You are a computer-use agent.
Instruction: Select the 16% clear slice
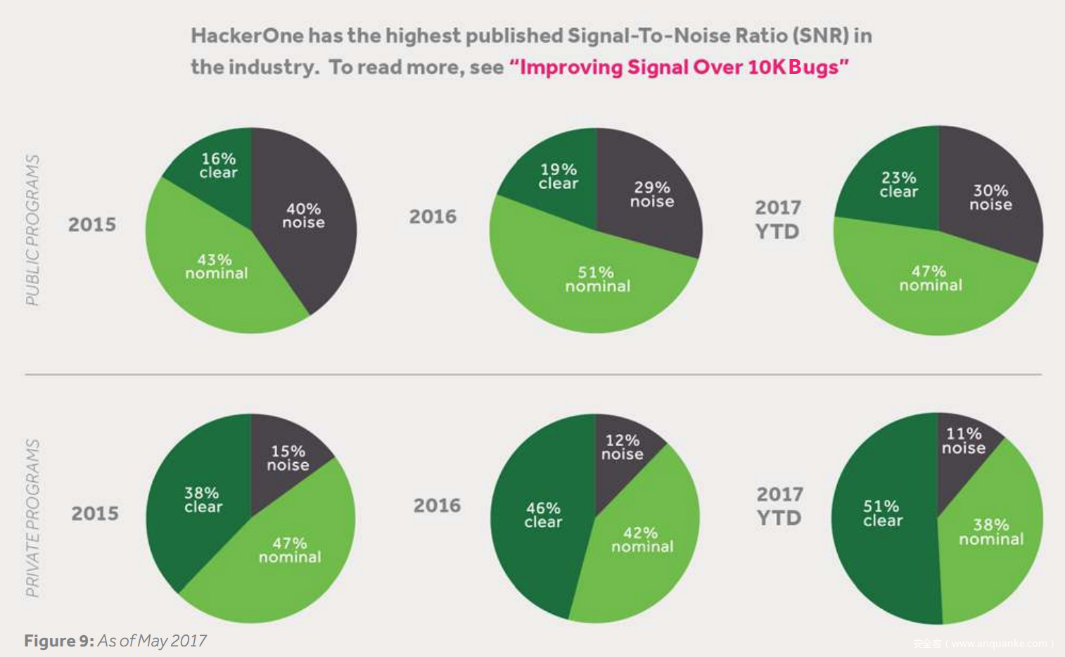click(218, 165)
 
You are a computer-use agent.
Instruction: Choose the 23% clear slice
click(898, 184)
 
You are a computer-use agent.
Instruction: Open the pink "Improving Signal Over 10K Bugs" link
click(679, 68)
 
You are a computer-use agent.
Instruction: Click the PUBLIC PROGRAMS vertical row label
click(32, 230)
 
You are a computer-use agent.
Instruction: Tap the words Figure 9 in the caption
click(59, 641)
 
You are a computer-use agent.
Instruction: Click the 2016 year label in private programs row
click(437, 505)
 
